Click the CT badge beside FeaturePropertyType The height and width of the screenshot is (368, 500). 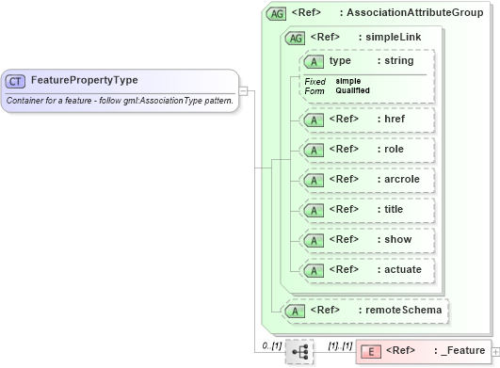16,80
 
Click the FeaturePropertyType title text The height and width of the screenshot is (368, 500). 84,80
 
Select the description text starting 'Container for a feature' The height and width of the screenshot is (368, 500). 119,100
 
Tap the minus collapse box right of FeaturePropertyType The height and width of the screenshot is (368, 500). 243,91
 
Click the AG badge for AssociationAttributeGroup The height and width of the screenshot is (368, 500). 277,14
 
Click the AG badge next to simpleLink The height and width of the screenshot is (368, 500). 295,38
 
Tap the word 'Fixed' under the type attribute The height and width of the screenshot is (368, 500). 315,81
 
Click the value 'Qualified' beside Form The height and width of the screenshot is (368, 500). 353,90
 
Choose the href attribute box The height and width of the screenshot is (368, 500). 366,120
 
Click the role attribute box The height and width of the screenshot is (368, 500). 366,149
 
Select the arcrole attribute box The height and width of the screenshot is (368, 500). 366,179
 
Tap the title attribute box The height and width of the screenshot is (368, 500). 366,209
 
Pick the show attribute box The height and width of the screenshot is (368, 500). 366,239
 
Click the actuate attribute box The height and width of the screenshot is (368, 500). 366,269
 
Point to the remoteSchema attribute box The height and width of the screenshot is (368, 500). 366,309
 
